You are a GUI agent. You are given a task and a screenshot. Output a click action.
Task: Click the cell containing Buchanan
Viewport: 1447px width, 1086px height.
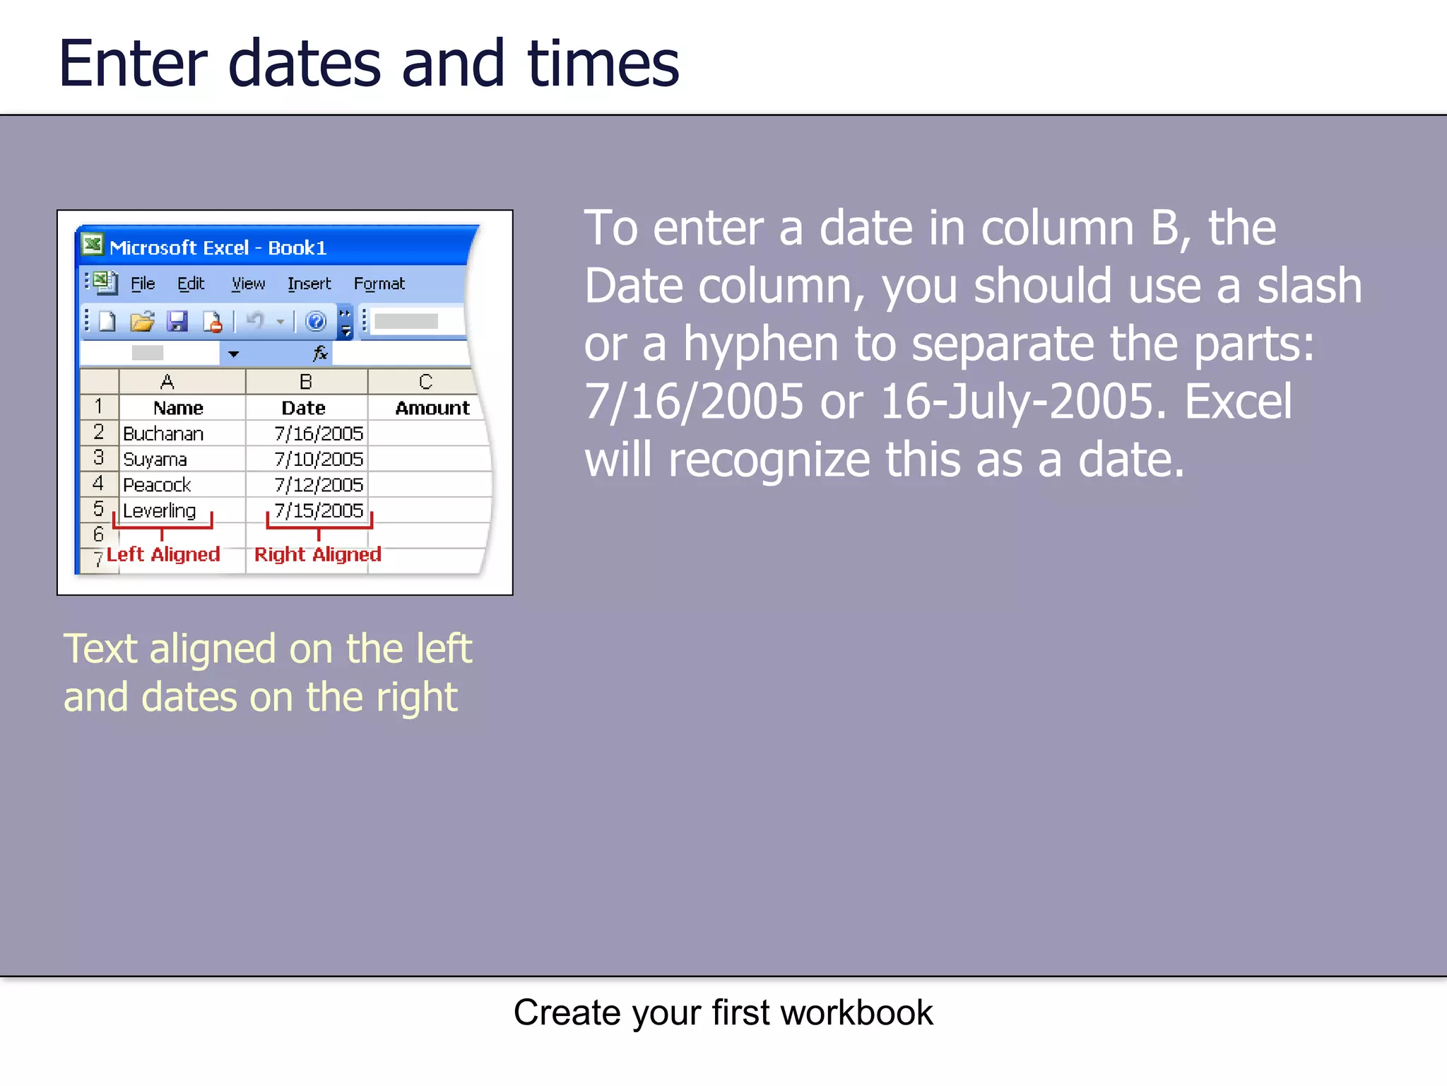point(163,433)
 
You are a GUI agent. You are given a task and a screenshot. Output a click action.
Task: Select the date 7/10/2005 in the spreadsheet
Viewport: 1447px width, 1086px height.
point(319,460)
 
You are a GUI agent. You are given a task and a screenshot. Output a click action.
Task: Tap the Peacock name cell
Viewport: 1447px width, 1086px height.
point(157,485)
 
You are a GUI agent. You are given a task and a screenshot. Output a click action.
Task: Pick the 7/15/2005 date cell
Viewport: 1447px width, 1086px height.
point(319,510)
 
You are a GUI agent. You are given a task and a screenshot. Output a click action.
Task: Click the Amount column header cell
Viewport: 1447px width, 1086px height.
point(432,408)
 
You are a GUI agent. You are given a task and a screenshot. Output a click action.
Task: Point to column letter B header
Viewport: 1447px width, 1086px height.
point(306,382)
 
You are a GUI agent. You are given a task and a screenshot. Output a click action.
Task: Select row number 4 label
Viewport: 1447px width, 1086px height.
point(98,484)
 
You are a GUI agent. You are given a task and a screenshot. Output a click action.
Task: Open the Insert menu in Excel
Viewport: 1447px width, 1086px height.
point(309,284)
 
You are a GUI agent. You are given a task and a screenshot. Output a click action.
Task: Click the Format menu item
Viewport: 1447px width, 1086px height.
point(379,284)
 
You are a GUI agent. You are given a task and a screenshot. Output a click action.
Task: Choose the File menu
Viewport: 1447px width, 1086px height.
point(143,284)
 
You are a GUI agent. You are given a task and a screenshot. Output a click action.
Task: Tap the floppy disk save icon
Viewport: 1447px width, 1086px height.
point(177,322)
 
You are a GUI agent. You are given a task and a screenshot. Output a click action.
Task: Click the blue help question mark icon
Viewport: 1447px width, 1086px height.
point(315,322)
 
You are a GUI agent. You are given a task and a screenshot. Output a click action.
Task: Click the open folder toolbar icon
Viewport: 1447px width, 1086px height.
point(142,322)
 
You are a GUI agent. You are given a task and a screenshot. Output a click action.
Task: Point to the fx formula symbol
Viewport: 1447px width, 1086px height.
point(320,353)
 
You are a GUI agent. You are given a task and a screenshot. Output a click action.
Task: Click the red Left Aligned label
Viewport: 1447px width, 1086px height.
point(163,554)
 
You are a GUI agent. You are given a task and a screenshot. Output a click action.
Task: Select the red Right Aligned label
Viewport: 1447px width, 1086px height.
point(317,554)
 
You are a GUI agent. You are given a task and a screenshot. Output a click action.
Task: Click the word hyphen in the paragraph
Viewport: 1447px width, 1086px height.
point(760,344)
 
